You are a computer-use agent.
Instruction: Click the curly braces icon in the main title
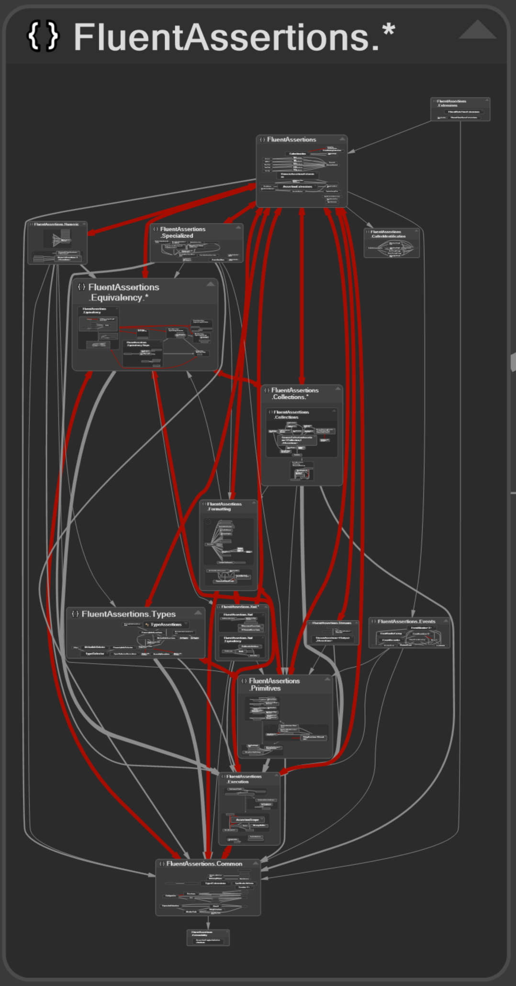[43, 36]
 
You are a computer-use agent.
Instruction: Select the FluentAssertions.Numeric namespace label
[56, 224]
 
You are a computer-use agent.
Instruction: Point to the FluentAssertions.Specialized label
[182, 232]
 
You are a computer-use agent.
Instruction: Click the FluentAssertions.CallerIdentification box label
[388, 234]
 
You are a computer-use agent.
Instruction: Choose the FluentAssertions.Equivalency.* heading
[123, 292]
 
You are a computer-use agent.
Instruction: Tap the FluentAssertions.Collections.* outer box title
[294, 394]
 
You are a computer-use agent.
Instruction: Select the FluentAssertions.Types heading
[128, 614]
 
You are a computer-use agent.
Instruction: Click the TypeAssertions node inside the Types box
[166, 624]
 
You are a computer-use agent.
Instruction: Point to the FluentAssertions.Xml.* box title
[240, 607]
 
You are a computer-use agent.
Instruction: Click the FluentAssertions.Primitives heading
[274, 684]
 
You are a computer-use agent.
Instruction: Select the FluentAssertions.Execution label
[244, 779]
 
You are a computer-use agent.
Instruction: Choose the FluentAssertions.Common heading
[204, 864]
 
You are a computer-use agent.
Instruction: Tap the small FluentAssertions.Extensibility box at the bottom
[208, 937]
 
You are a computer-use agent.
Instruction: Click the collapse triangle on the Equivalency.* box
[211, 284]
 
